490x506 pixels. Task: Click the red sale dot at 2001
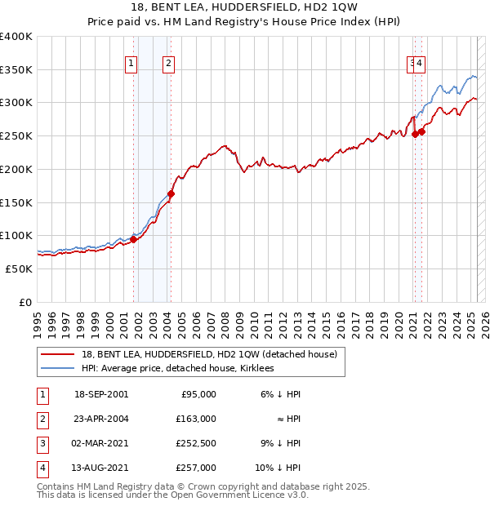click(x=133, y=239)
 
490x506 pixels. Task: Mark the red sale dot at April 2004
click(x=171, y=193)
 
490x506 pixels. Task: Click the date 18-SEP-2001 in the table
click(x=101, y=394)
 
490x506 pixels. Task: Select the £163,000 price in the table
click(x=197, y=419)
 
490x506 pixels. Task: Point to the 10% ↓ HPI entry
click(x=278, y=468)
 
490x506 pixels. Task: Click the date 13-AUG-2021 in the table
click(x=101, y=468)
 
